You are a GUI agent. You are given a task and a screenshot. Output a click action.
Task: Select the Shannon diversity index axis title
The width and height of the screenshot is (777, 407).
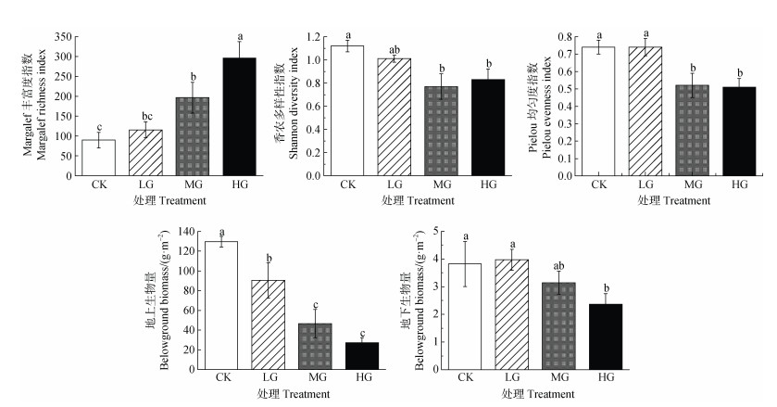294,105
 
